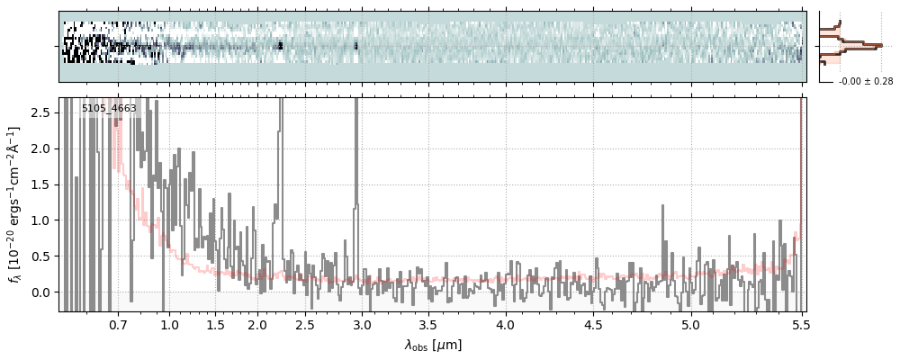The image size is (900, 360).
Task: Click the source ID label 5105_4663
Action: coord(109,109)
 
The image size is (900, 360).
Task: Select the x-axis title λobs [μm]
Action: coord(432,345)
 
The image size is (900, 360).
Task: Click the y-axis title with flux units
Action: coord(15,204)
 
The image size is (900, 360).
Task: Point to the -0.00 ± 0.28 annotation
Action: coord(865,82)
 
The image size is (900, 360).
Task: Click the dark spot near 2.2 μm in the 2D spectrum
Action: coord(280,45)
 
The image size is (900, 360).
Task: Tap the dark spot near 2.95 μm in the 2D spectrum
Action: coord(356,45)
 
